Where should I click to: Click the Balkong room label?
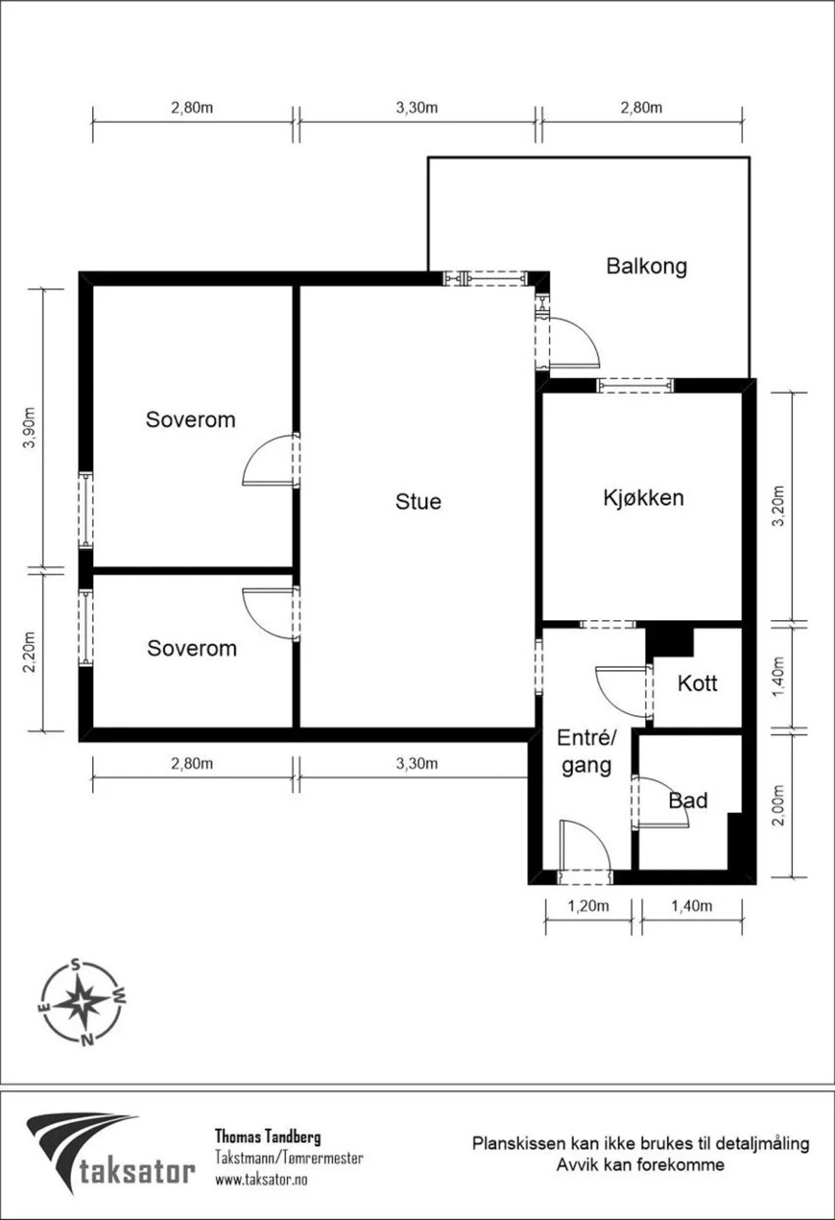point(646,266)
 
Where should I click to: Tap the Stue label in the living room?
point(418,502)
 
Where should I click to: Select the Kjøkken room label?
point(643,498)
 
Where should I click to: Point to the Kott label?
point(697,683)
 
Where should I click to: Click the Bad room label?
point(688,800)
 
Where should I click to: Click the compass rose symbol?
point(81,1002)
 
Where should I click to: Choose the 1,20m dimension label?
point(587,906)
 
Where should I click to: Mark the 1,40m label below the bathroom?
point(691,906)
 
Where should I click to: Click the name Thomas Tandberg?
point(268,1137)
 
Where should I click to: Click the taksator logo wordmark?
point(136,1171)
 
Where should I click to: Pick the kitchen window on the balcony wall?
point(636,385)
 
